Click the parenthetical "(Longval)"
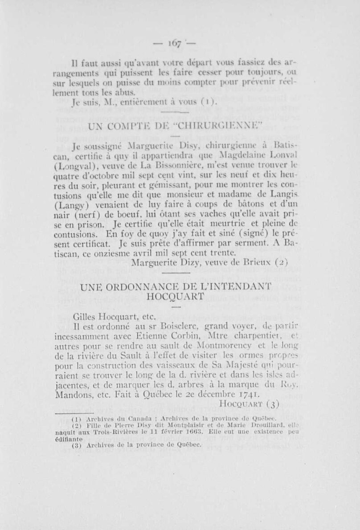tap(86, 166)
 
